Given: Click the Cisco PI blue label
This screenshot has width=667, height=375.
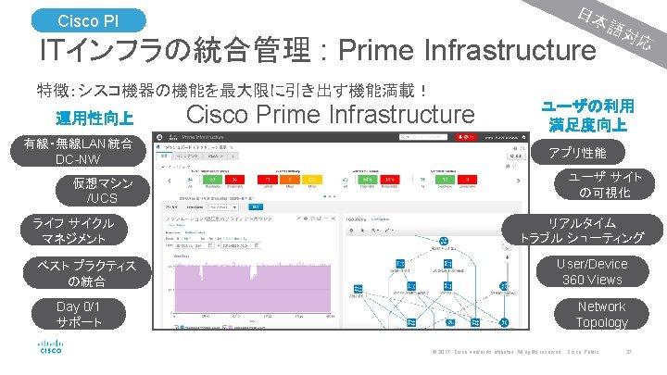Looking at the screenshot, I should tap(87, 19).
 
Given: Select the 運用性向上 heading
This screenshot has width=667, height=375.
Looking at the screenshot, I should tap(94, 119).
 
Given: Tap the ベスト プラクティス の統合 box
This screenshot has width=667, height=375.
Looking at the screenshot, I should tap(80, 273).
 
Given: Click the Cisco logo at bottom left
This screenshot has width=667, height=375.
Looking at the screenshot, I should tap(51, 348).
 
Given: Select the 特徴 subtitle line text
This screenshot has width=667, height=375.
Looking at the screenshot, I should tap(232, 91).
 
